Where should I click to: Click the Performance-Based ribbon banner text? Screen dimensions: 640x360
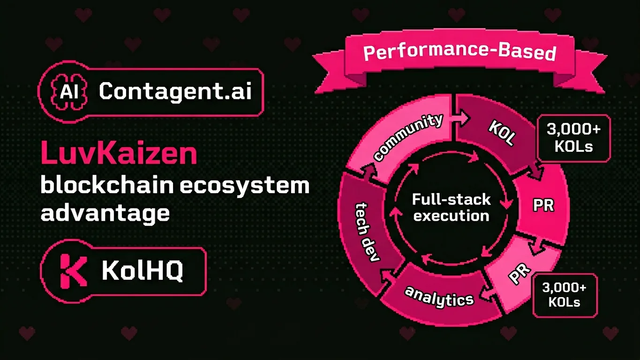tap(459, 52)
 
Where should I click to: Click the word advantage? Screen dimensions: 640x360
tap(105, 213)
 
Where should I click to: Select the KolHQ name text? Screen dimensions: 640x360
tap(143, 271)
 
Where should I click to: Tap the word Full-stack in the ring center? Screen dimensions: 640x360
tap(451, 200)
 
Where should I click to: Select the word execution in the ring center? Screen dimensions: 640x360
tap(451, 216)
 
